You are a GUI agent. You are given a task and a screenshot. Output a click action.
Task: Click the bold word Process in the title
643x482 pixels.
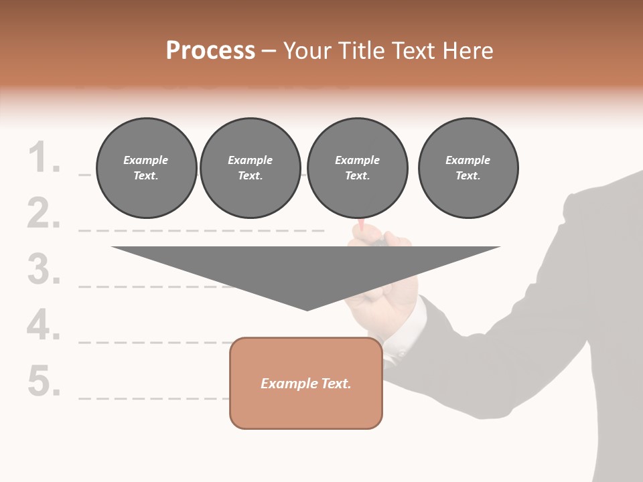pyautogui.click(x=210, y=51)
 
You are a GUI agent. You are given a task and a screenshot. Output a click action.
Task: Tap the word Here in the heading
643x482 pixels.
pyautogui.click(x=468, y=51)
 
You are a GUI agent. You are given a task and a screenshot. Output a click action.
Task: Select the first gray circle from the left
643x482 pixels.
pyautogui.click(x=146, y=167)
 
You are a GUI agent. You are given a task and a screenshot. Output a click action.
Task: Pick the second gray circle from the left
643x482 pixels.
pyautogui.click(x=250, y=167)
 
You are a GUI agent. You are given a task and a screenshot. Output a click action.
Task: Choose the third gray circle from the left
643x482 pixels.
pyautogui.click(x=357, y=167)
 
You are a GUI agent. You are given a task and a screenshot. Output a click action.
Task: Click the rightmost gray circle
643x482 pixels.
pyautogui.click(x=468, y=167)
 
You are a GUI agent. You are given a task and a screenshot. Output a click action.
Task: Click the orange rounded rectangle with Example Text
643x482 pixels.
pyautogui.click(x=306, y=383)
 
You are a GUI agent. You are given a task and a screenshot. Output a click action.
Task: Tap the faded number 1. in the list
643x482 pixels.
pyautogui.click(x=44, y=159)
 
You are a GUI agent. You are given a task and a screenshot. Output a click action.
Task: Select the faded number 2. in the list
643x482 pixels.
pyautogui.click(x=44, y=214)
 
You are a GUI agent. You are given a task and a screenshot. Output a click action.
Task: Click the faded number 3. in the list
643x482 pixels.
pyautogui.click(x=44, y=270)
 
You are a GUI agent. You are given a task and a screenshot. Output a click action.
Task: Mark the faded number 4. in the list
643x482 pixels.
pyautogui.click(x=44, y=325)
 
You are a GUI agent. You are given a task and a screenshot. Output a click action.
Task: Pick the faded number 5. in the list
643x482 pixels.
pyautogui.click(x=44, y=381)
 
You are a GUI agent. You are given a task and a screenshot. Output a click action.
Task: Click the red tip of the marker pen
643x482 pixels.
pyautogui.click(x=361, y=226)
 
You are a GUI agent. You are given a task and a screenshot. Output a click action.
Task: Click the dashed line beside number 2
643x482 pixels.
pyautogui.click(x=201, y=230)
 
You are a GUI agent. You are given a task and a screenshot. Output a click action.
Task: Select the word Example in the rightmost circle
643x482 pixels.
pyautogui.click(x=468, y=160)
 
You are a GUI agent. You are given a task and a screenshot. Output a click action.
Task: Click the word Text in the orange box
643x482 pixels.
pyautogui.click(x=336, y=384)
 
